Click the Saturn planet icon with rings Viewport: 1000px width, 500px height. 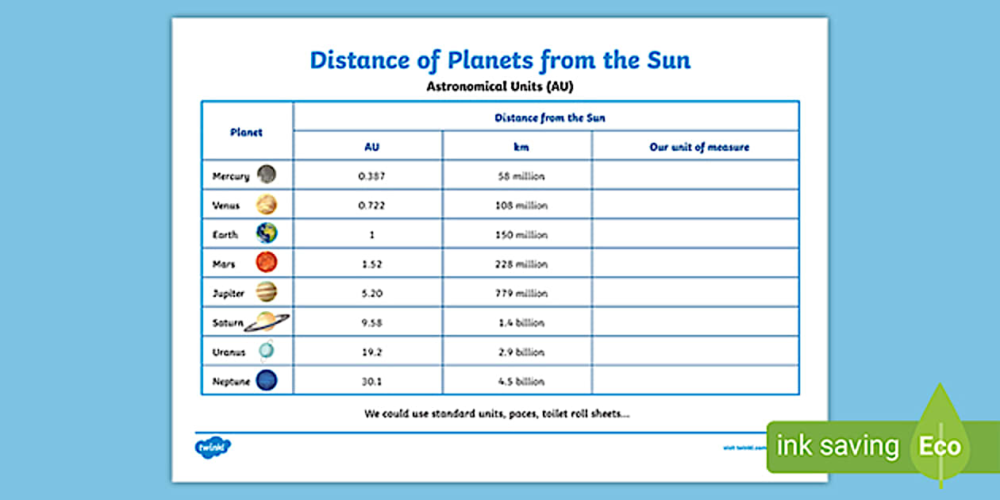coord(267,322)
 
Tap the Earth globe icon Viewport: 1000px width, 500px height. coord(267,233)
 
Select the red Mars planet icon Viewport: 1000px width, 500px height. coord(267,263)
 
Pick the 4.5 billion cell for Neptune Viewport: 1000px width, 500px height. coord(521,382)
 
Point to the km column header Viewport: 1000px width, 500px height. coord(521,147)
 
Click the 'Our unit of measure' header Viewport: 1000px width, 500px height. coord(699,147)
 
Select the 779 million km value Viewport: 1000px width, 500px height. coord(521,294)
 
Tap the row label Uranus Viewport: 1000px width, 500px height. coord(229,352)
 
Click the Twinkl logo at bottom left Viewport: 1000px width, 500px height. coord(213,447)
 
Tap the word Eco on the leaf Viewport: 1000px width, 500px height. coord(940,446)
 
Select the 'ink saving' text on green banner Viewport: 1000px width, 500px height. coord(837,447)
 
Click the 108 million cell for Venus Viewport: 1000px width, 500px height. coord(521,206)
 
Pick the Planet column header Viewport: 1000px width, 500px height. coord(246,133)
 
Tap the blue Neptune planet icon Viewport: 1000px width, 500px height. coord(267,381)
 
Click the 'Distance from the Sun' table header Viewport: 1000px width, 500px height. coord(549,117)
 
